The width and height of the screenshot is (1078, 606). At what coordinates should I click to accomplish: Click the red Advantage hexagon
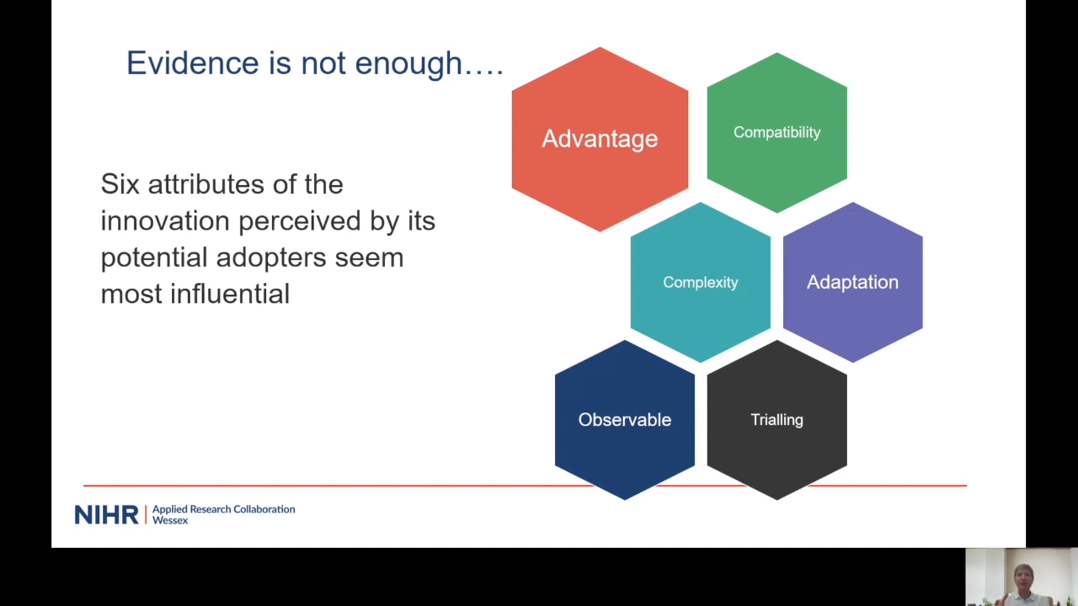coord(600,139)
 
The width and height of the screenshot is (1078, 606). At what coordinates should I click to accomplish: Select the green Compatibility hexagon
coord(777,132)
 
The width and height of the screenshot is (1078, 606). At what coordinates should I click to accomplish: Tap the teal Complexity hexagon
coord(700,282)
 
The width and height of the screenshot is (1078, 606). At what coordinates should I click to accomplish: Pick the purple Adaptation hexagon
coord(853,282)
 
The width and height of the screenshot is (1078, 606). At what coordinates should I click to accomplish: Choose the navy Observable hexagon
coord(625,420)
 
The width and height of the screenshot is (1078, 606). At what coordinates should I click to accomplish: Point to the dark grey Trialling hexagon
coord(777,420)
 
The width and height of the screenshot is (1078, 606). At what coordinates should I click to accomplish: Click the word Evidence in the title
coord(193,63)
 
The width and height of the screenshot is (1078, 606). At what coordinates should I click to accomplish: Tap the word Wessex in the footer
coord(170,521)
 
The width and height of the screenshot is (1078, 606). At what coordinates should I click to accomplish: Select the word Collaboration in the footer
coord(264,509)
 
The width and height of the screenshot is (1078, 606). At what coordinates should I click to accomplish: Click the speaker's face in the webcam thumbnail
coord(1023,578)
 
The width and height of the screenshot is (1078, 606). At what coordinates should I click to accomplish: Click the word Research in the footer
coord(211,509)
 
